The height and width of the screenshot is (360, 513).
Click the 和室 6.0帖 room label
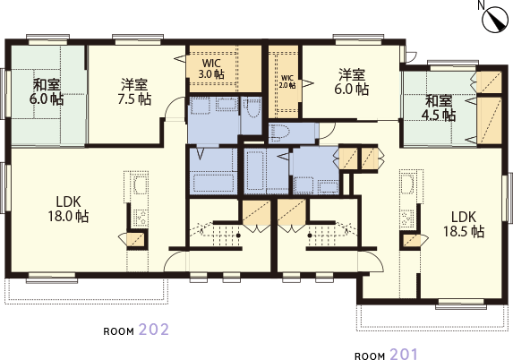(47, 91)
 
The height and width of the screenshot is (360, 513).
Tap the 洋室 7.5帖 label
(135, 91)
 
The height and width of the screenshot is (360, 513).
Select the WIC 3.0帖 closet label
(210, 69)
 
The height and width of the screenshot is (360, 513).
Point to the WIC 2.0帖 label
(286, 81)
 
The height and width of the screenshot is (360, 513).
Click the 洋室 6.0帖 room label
(352, 81)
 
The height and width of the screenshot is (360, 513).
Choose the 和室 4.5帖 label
(440, 107)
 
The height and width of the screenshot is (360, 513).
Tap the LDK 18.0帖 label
(69, 208)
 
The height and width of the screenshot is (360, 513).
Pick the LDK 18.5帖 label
(465, 223)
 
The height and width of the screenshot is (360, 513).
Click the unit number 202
(154, 329)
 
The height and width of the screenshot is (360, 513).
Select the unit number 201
(402, 353)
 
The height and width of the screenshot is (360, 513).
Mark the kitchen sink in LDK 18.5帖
(407, 189)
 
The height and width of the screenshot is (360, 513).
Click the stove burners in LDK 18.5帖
(409, 218)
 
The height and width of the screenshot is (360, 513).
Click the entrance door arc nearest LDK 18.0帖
(178, 261)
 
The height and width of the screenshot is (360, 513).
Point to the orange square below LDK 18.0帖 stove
(137, 240)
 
